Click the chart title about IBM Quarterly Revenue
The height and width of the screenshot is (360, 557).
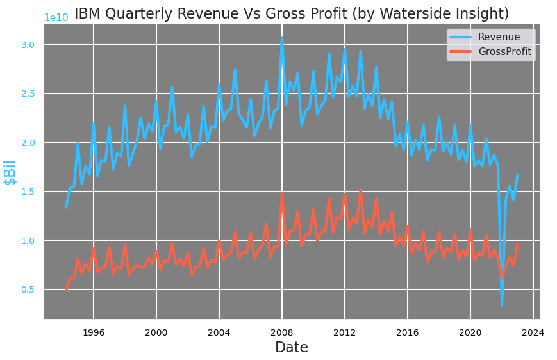pyautogui.click(x=292, y=14)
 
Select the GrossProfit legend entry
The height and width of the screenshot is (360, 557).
pyautogui.click(x=504, y=52)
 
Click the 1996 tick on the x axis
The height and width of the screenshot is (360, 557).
pyautogui.click(x=94, y=332)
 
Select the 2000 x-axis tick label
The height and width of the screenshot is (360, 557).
pyautogui.click(x=156, y=332)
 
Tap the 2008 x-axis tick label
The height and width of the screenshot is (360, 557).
pyautogui.click(x=281, y=332)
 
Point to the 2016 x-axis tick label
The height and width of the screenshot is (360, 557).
pyautogui.click(x=407, y=332)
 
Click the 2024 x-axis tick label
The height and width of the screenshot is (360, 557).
pyautogui.click(x=533, y=332)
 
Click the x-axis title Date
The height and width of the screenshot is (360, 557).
pyautogui.click(x=292, y=348)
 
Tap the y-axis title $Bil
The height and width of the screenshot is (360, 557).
pyautogui.click(x=10, y=172)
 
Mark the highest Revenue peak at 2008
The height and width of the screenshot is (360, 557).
pyautogui.click(x=281, y=38)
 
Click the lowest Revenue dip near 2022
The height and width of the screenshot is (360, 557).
pyautogui.click(x=502, y=306)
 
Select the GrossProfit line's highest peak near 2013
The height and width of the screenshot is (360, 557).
pyautogui.click(x=360, y=190)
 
